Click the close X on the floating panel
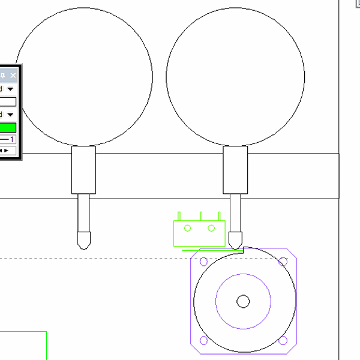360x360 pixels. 13,76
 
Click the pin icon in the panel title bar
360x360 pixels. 3,76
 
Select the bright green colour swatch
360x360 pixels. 8,127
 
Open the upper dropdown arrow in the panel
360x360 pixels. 10,89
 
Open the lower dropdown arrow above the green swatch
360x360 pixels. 10,114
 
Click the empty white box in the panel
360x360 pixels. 7,101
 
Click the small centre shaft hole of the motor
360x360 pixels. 243,301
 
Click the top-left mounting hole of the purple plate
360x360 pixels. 203,262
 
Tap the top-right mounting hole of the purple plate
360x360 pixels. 283,262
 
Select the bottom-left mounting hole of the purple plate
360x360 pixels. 203,341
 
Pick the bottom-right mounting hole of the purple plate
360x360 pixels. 283,341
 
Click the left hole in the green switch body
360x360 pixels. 187,228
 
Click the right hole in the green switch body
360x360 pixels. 211,228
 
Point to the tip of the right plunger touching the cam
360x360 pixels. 235,244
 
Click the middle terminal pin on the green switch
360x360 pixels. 202,215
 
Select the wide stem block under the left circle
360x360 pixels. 83,170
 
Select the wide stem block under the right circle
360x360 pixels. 235,170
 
